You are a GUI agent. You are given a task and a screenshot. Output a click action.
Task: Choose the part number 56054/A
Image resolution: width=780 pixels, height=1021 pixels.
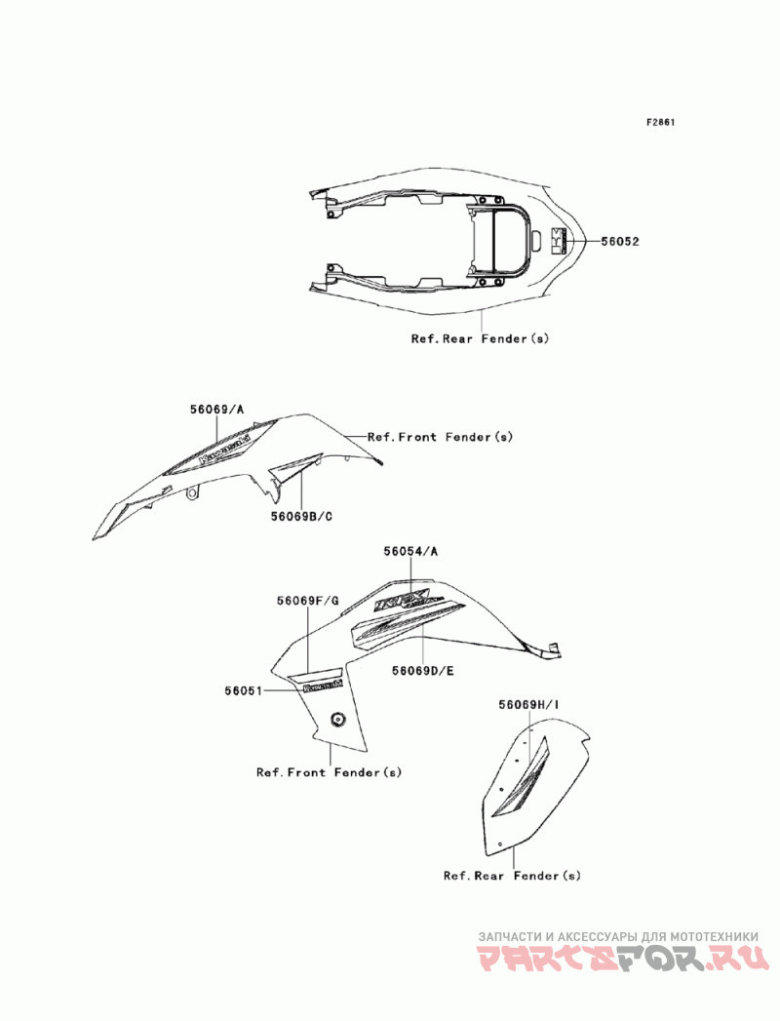(x=410, y=551)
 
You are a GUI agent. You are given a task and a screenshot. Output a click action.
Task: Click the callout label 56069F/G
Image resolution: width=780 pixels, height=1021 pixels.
(x=307, y=601)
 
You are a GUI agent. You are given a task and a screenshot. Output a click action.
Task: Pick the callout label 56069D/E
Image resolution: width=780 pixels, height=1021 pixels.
(x=424, y=671)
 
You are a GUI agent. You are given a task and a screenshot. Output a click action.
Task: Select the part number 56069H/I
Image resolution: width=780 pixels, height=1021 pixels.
(x=528, y=704)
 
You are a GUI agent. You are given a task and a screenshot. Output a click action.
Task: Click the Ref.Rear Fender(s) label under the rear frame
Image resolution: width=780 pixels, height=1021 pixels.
(x=480, y=338)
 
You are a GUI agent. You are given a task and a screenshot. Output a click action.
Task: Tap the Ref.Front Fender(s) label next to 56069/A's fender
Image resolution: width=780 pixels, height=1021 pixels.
(x=440, y=437)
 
